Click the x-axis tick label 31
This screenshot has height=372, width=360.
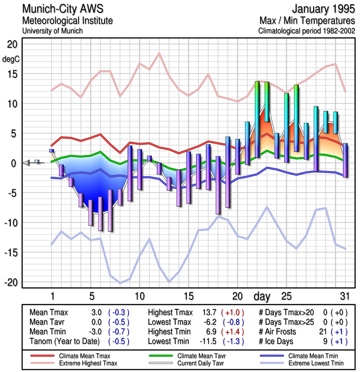[344, 296]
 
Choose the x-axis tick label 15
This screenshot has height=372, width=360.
[188, 296]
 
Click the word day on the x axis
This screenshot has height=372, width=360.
[263, 296]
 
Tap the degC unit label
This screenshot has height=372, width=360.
[10, 59]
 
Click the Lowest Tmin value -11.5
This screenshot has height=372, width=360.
[207, 342]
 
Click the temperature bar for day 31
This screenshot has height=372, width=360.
[345, 160]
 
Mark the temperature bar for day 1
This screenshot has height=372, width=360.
[52, 151]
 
